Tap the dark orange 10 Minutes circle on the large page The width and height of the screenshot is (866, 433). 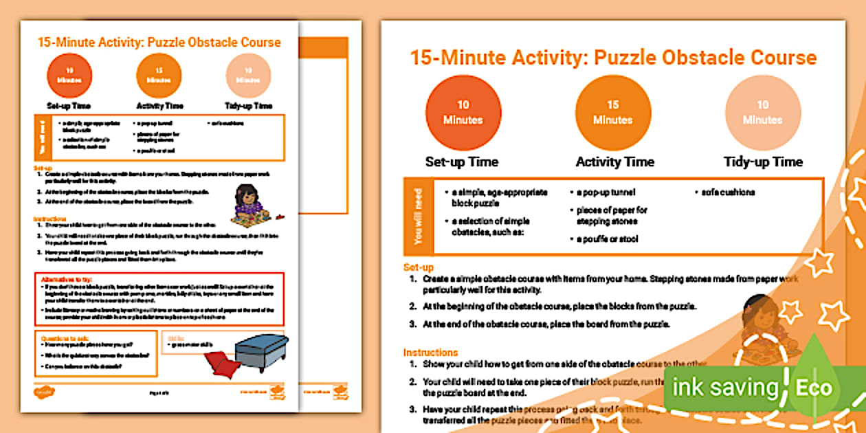tap(463, 113)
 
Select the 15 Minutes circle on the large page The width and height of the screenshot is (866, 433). tap(613, 113)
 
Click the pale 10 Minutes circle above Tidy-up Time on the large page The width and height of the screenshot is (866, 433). tap(763, 113)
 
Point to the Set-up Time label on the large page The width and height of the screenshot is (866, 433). tap(462, 162)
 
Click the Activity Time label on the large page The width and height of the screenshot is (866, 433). tap(614, 162)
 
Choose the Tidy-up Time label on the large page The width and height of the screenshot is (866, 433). tap(763, 162)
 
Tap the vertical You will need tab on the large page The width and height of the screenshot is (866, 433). tap(419, 216)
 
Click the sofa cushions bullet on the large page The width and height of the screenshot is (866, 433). tap(724, 192)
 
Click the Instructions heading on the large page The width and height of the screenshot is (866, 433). tap(431, 352)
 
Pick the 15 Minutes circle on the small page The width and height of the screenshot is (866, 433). tap(159, 76)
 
